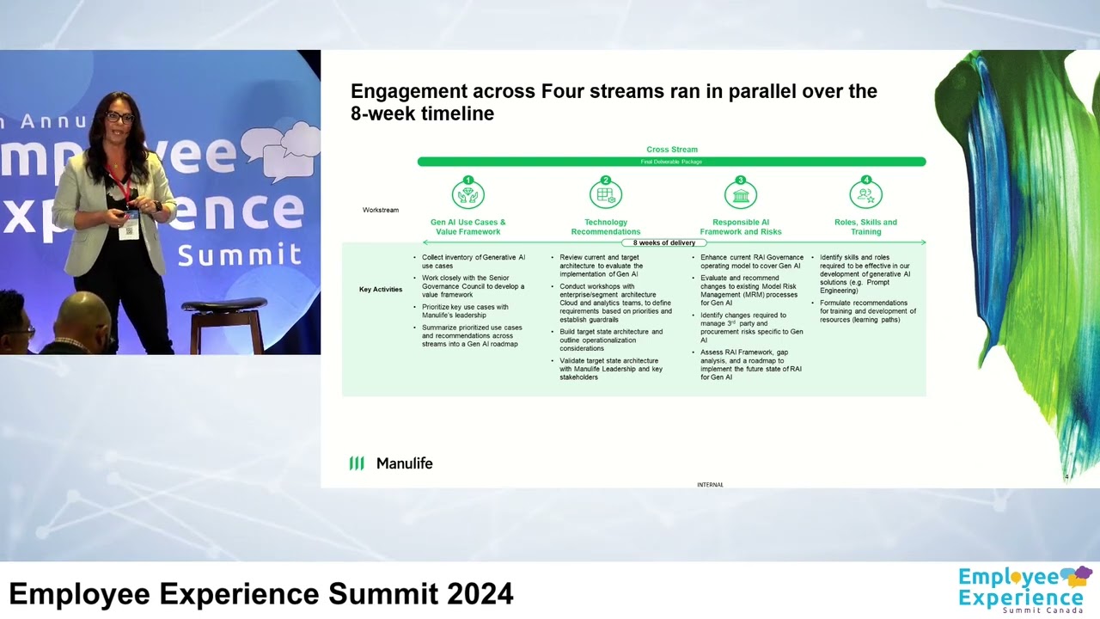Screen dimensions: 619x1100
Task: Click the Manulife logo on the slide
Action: (390, 463)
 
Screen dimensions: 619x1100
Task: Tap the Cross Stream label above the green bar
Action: (672, 150)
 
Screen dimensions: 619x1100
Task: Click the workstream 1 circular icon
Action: (467, 194)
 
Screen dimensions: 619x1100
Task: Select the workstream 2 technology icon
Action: (606, 194)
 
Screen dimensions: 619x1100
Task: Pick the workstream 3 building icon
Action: (740, 194)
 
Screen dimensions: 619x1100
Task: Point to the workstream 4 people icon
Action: (865, 194)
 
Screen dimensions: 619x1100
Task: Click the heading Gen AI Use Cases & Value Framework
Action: (467, 227)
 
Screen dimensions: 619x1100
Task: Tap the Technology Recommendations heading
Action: (606, 227)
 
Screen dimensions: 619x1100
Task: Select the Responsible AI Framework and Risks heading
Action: (740, 227)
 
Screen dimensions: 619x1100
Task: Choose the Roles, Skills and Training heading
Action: (865, 227)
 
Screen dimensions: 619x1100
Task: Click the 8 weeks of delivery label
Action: (664, 243)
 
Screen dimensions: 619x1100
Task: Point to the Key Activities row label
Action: (381, 290)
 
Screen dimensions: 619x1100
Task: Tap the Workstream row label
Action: (381, 210)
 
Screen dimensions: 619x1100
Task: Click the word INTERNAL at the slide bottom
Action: (710, 485)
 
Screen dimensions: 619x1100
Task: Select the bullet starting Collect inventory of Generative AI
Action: (473, 261)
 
